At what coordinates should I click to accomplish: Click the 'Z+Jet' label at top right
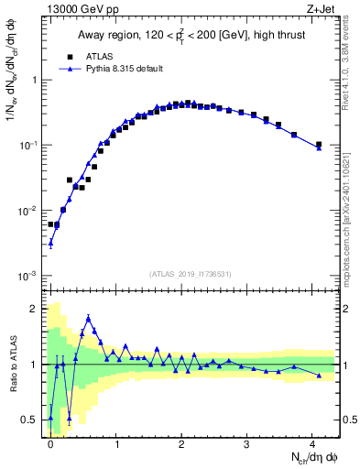(x=322, y=8)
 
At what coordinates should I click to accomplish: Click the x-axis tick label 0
(x=50, y=443)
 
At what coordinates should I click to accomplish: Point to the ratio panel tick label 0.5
(x=33, y=420)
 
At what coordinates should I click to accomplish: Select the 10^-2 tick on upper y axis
(x=30, y=211)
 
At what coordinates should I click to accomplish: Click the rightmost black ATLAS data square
(x=319, y=144)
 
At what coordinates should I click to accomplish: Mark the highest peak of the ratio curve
(x=88, y=318)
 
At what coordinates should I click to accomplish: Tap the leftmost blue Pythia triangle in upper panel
(x=50, y=243)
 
